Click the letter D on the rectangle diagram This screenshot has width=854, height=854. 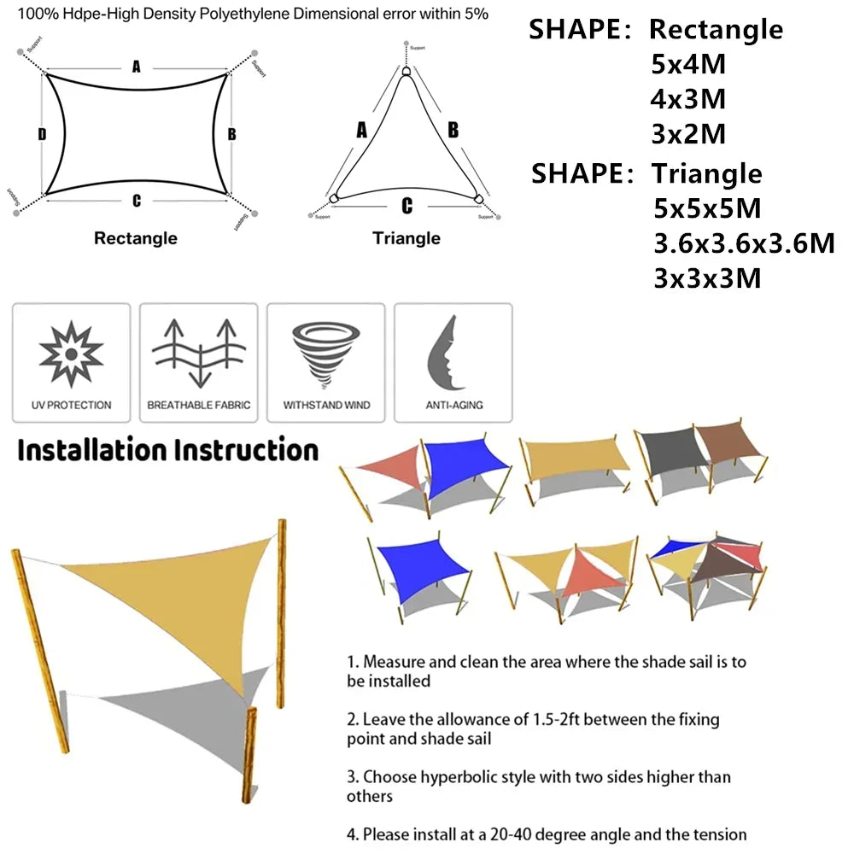click(42, 134)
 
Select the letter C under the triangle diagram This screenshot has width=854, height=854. click(407, 206)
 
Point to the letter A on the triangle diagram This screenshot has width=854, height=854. click(361, 130)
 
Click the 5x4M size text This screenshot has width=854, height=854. click(688, 65)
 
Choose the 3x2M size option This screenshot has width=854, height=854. click(688, 135)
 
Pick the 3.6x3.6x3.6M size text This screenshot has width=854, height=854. click(744, 243)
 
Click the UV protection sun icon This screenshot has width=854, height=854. click(72, 352)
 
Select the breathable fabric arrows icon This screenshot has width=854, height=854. click(198, 352)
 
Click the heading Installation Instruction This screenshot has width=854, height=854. click(168, 450)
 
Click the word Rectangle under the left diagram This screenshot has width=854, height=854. click(136, 238)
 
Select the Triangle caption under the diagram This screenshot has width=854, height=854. click(407, 238)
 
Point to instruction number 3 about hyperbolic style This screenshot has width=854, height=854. click(538, 787)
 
